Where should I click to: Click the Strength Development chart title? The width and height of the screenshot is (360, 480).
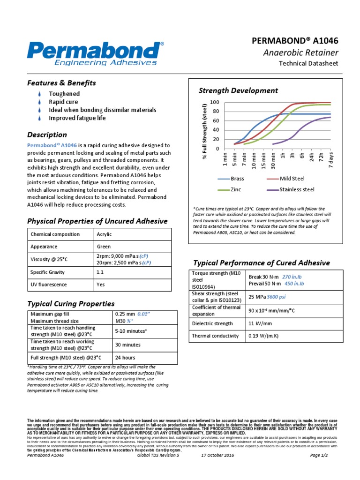click(238, 90)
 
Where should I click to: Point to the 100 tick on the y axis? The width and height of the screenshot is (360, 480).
click(214, 102)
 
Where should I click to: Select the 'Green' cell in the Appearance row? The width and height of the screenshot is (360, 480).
click(104, 247)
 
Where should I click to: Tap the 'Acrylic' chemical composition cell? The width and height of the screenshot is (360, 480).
click(104, 234)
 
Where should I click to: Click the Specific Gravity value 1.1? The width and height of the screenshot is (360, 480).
click(99, 272)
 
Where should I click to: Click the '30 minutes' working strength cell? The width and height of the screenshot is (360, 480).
click(127, 345)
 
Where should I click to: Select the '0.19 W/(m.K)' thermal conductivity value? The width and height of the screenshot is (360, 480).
click(265, 336)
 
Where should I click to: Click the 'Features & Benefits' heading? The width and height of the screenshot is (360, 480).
click(61, 83)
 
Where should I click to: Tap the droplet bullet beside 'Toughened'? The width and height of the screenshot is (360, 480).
click(40, 94)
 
